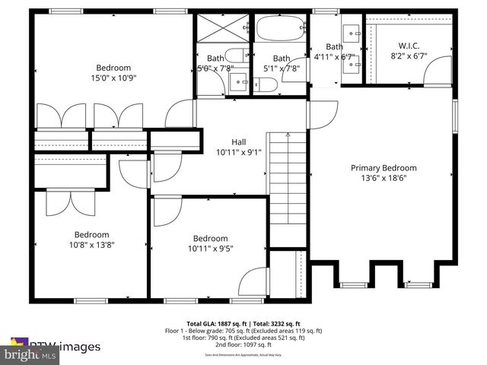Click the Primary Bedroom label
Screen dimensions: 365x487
pos(383,168)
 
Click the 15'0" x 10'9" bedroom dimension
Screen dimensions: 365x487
pos(113,77)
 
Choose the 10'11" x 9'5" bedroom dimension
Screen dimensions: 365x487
pos(210,248)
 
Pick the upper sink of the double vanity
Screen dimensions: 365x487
pos(352,33)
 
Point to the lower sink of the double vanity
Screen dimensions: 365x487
pos(352,65)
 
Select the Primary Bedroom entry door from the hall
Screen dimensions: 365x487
pos(323,114)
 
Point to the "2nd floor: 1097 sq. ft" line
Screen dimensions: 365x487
pos(243,346)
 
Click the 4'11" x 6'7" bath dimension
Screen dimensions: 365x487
pos(335,56)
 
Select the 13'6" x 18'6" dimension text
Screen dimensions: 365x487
pos(383,179)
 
